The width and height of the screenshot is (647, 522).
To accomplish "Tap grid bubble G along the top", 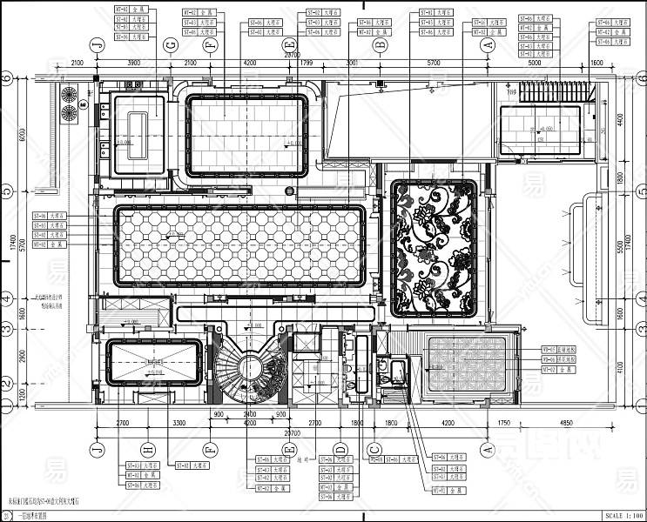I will click(x=171, y=44).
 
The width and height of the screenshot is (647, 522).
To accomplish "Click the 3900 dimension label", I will click(x=133, y=64).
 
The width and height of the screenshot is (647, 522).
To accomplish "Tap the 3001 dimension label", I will click(x=352, y=64).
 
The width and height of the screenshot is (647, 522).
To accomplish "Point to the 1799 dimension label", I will click(x=307, y=64).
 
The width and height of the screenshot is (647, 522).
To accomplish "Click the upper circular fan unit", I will click(x=67, y=94).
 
